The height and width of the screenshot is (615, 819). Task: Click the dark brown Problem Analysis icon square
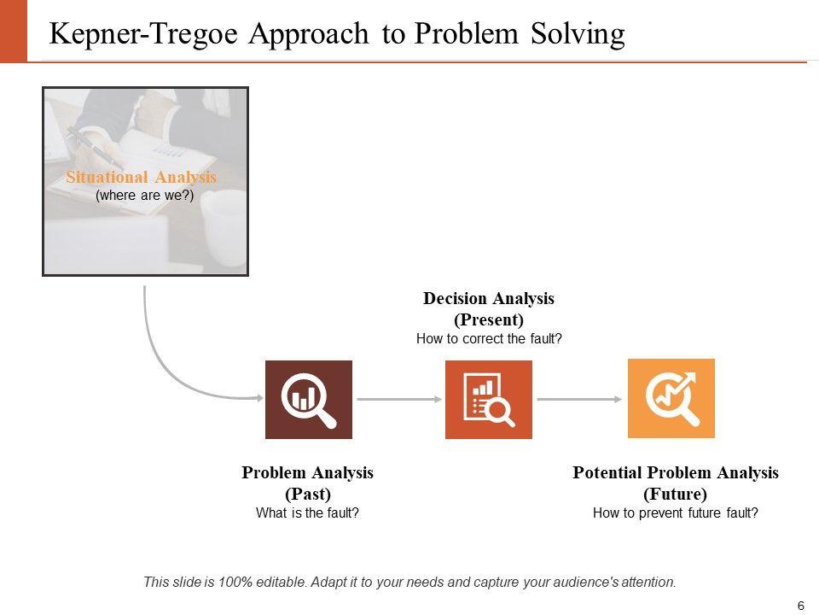tap(309, 400)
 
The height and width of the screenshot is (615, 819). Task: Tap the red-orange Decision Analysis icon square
tap(488, 400)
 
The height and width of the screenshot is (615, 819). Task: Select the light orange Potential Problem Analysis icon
tap(671, 399)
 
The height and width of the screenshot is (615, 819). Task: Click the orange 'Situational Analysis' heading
tap(141, 178)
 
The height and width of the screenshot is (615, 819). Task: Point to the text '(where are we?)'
tap(145, 196)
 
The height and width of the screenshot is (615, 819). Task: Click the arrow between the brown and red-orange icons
tap(399, 400)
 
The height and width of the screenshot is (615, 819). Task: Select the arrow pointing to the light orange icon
tap(580, 400)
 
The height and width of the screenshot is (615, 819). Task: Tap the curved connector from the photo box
tap(163, 366)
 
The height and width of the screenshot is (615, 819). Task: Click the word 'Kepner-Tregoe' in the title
tap(143, 34)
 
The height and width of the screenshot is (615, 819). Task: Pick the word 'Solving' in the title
tap(578, 34)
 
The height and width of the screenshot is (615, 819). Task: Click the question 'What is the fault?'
tap(308, 513)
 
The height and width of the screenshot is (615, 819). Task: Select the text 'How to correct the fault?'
tap(489, 339)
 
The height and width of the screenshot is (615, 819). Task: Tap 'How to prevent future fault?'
tap(676, 513)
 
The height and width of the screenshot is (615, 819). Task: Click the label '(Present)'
tap(489, 319)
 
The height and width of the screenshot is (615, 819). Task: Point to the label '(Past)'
tap(308, 494)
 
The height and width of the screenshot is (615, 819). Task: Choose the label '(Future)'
tap(676, 494)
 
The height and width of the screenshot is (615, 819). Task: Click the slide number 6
tap(801, 606)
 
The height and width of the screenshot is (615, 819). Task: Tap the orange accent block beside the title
tap(14, 32)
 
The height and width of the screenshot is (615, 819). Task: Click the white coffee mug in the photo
tap(224, 226)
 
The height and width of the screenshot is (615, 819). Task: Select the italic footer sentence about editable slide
tap(410, 582)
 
